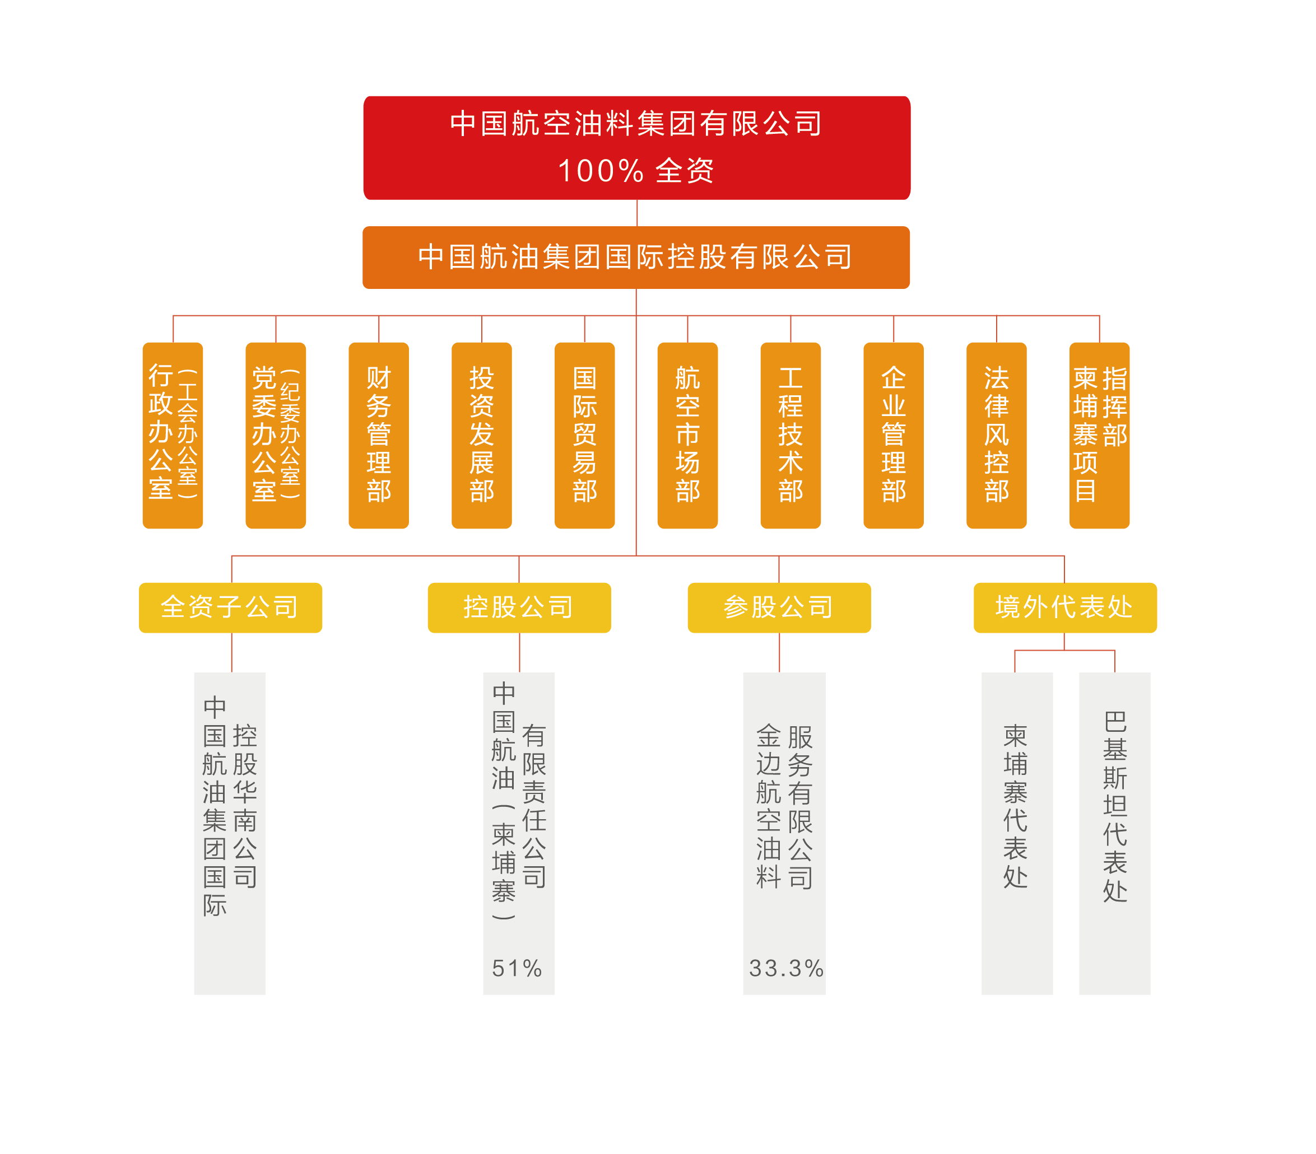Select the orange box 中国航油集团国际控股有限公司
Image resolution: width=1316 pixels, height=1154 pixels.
point(636,258)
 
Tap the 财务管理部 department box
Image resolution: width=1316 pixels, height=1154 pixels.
point(379,435)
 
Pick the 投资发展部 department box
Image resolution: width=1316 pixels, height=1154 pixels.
point(482,435)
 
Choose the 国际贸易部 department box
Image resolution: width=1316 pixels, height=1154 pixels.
point(584,435)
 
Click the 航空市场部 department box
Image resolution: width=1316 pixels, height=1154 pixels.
point(687,435)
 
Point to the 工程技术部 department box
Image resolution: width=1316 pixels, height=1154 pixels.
point(790,435)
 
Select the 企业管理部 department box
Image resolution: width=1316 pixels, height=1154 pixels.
point(894,435)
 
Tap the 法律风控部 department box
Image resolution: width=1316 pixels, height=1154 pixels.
point(997,435)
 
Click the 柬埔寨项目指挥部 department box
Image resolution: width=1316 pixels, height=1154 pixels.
point(1100,435)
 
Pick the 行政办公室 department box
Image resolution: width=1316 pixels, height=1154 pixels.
point(173,435)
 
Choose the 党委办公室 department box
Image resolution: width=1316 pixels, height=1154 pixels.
point(276,435)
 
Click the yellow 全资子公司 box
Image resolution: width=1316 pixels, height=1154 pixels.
point(230,607)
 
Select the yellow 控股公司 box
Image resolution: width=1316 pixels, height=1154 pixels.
point(519,607)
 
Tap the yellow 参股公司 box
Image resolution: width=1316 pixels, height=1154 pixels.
point(779,607)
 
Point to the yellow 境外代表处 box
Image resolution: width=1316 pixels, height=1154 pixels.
point(1065,607)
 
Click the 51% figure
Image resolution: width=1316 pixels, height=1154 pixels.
point(517,968)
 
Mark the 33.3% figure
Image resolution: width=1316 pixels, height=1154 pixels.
point(786,968)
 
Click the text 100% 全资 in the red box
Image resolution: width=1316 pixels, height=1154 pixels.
point(636,171)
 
